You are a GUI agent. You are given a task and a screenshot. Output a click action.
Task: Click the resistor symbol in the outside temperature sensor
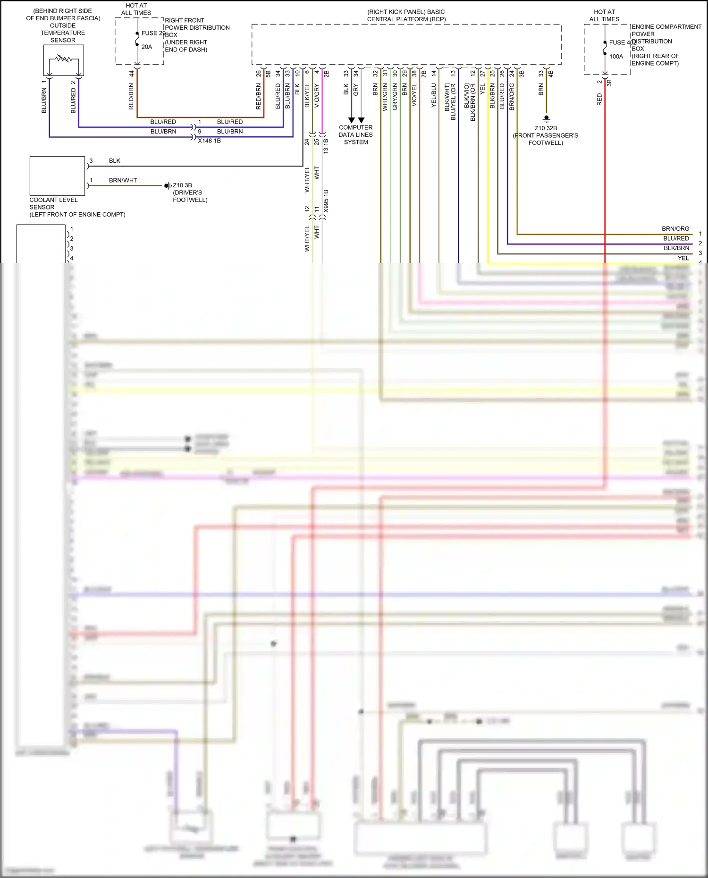(x=63, y=59)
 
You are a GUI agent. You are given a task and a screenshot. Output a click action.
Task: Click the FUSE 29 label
(x=153, y=33)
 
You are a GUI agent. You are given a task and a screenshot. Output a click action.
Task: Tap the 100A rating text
(x=616, y=57)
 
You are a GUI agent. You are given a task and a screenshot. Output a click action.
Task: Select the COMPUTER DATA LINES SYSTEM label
(x=355, y=135)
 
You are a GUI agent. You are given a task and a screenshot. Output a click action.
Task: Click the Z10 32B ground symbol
(x=546, y=118)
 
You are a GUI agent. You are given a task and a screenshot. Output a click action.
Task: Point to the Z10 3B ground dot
(x=167, y=186)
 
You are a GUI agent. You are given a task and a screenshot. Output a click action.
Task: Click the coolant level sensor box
(x=57, y=176)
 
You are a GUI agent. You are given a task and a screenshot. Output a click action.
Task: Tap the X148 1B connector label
(x=209, y=141)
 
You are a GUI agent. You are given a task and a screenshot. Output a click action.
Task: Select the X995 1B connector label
(x=326, y=201)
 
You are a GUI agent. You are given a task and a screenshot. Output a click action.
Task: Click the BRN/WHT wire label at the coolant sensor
(x=123, y=180)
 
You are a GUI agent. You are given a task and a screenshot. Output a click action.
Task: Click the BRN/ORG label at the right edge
(x=675, y=229)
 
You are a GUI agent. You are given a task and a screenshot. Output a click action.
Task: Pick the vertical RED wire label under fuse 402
(x=599, y=99)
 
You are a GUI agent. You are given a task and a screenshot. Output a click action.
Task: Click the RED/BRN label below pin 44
(x=131, y=96)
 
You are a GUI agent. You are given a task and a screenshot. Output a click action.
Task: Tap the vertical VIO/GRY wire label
(x=317, y=96)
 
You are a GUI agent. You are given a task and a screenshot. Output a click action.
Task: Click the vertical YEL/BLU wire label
(x=434, y=96)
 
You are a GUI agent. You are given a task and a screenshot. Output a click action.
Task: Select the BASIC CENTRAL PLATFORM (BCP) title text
(x=406, y=16)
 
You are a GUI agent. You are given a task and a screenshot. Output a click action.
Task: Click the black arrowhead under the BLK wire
(x=351, y=120)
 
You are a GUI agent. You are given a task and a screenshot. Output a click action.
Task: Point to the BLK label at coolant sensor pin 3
(x=115, y=161)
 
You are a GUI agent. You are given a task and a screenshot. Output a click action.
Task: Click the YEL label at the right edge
(x=683, y=258)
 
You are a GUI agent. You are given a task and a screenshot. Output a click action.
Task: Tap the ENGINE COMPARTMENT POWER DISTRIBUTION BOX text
(x=666, y=45)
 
